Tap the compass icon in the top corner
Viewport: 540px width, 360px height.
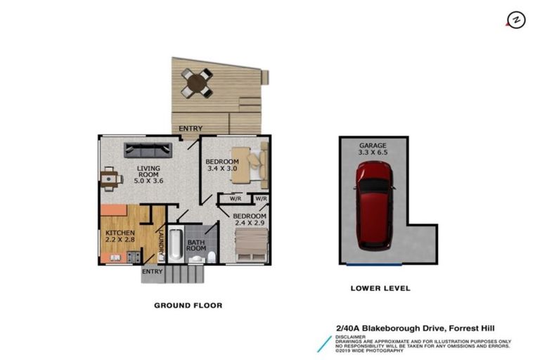click(x=516, y=20)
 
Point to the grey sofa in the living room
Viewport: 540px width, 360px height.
click(x=148, y=150)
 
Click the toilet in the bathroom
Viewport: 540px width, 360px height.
click(x=211, y=257)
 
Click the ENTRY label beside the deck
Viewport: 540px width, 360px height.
click(x=191, y=129)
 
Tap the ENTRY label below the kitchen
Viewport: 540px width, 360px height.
click(x=153, y=271)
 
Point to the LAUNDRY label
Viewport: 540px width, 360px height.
click(x=161, y=243)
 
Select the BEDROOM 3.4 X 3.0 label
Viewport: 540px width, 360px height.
click(x=221, y=165)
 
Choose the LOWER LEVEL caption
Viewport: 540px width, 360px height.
click(x=380, y=288)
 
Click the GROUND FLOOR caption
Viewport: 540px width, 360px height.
click(x=188, y=306)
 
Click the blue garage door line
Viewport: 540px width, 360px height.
click(x=374, y=264)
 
